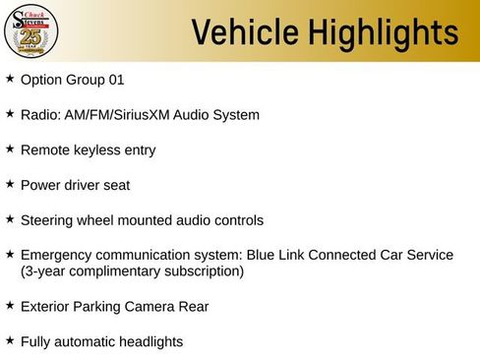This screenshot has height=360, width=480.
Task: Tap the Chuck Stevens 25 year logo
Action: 31,31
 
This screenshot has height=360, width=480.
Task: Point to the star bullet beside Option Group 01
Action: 10,78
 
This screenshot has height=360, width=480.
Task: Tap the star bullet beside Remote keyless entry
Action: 10,149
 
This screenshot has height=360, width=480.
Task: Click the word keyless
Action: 96,150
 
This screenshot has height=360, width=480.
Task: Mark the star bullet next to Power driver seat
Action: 10,184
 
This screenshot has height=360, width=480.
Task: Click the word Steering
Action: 47,220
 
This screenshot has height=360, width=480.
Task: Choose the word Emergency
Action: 55,255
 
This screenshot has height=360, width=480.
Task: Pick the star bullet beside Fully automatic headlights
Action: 10,339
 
